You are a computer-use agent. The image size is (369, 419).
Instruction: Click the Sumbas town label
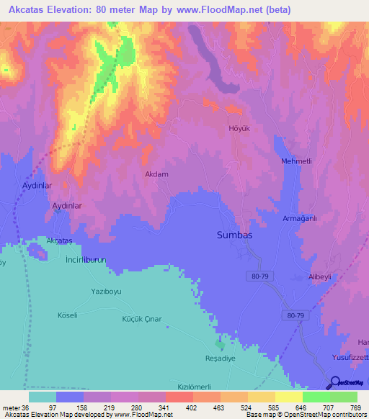(235, 235)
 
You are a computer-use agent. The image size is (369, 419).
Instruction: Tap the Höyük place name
(238, 129)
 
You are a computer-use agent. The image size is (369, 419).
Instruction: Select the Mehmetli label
(296, 161)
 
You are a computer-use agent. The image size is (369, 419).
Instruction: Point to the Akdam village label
(156, 174)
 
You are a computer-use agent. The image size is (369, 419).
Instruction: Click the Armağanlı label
(300, 218)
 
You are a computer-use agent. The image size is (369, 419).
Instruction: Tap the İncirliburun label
(86, 258)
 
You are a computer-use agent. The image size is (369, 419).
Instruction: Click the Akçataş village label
(60, 240)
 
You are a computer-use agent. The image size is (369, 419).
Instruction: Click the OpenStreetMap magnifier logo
(336, 382)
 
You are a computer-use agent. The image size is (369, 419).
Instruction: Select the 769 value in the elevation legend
(356, 408)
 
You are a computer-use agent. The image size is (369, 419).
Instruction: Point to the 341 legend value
(164, 408)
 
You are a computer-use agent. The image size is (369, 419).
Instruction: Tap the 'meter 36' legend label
(15, 408)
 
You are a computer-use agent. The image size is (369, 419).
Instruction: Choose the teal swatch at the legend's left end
(43, 397)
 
